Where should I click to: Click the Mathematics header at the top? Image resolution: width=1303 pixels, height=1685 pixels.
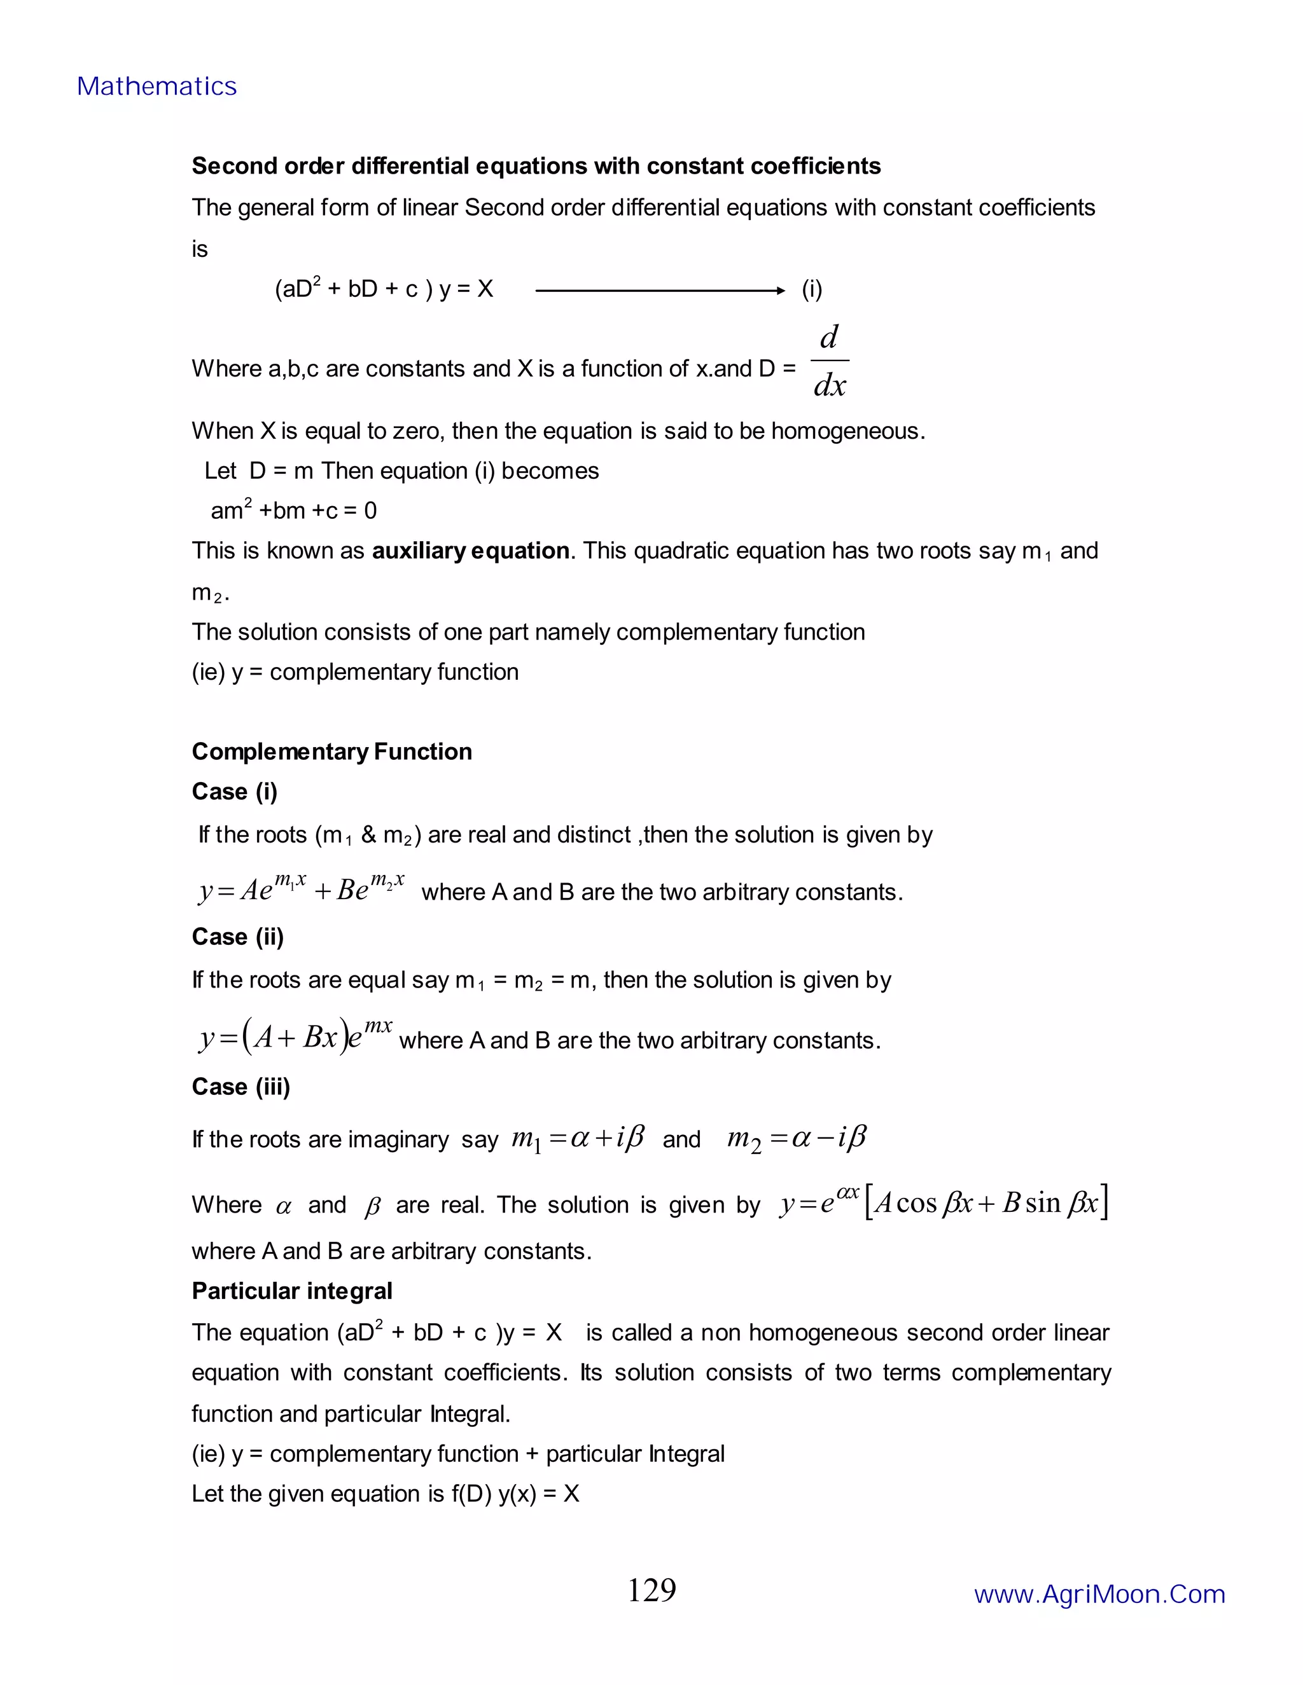click(x=157, y=86)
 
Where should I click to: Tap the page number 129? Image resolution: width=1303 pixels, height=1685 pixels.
click(x=651, y=1590)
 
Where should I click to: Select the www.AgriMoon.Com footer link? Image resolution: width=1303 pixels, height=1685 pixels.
click(x=1099, y=1594)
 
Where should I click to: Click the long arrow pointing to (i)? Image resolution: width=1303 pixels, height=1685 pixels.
click(x=660, y=291)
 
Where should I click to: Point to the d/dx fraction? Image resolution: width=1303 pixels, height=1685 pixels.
click(x=830, y=361)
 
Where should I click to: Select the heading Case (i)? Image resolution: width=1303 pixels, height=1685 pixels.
click(x=234, y=792)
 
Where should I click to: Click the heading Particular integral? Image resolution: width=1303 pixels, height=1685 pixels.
click(x=292, y=1291)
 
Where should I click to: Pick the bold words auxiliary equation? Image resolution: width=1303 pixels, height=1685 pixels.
click(x=470, y=551)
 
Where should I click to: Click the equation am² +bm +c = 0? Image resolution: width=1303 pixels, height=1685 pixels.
click(x=293, y=511)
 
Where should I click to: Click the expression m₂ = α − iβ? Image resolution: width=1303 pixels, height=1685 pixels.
click(x=797, y=1138)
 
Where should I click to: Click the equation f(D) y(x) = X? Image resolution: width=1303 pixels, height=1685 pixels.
click(x=515, y=1494)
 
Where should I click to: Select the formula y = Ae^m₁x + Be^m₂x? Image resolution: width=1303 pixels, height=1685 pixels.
click(x=301, y=889)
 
